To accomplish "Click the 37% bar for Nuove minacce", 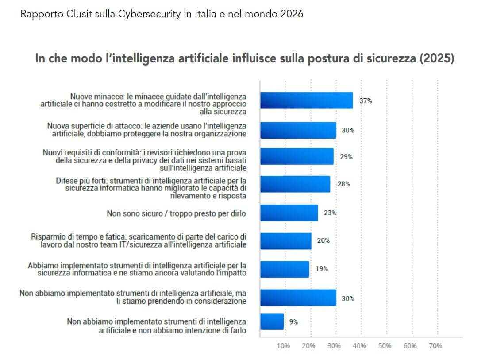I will click(306, 101).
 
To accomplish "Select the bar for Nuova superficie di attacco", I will click(298, 130).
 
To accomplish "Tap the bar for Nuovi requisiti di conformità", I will click(297, 156).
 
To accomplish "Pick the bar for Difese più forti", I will click(295, 184).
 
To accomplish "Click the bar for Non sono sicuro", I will click(289, 213).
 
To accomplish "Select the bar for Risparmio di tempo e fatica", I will click(285, 240).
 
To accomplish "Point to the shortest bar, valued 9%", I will click(272, 322).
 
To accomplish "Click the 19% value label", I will click(322, 268).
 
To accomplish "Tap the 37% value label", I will click(366, 101).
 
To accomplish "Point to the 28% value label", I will click(343, 184).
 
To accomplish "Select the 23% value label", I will click(330, 213).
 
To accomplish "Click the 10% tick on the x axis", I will click(283, 345).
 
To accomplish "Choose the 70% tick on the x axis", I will click(435, 345).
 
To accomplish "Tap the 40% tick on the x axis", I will click(359, 345).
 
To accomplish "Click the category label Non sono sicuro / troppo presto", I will click(176, 213).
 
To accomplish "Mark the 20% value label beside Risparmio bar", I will click(323, 240).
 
